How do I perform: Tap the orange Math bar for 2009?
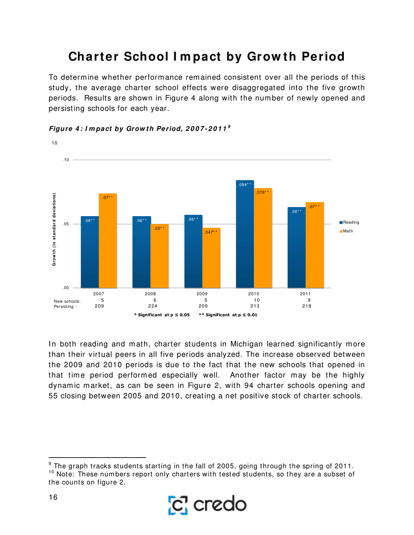pyautogui.click(x=211, y=259)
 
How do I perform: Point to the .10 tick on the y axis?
pyautogui.click(x=66, y=160)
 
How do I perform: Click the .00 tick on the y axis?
pyautogui.click(x=66, y=288)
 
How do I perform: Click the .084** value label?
pyautogui.click(x=245, y=185)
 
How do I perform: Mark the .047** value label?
pyautogui.click(x=211, y=233)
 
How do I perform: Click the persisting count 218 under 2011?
pyautogui.click(x=307, y=306)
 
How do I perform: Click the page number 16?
pyautogui.click(x=53, y=497)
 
